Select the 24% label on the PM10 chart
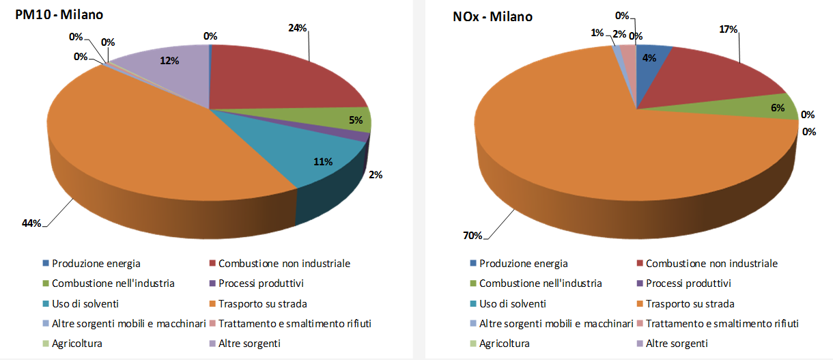[x=298, y=28]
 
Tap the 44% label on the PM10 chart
[x=31, y=223]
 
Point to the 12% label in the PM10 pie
[x=169, y=61]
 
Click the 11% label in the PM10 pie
[x=323, y=162]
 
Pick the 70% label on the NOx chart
[x=473, y=236]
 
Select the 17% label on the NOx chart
[x=729, y=29]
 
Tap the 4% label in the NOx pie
[x=649, y=59]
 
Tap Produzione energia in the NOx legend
[x=523, y=264]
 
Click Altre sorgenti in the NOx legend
[x=677, y=344]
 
